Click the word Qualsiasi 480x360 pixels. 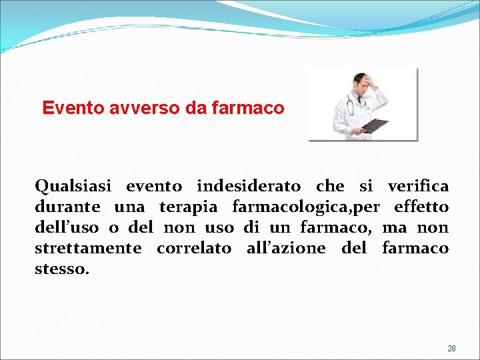[73, 186]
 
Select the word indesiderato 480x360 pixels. [249, 186]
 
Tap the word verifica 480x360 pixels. [418, 186]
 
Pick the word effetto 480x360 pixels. [421, 207]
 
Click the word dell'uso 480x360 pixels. [65, 227]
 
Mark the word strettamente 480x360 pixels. [88, 249]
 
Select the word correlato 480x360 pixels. [194, 248]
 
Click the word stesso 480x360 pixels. [61, 269]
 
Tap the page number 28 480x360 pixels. [451, 349]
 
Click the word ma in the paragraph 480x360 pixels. [395, 228]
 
